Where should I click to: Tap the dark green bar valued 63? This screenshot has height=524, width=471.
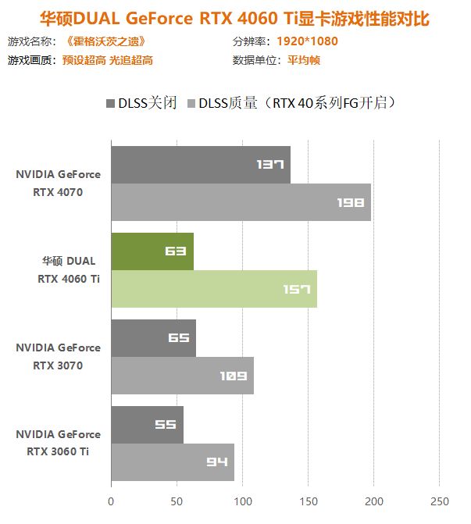(152, 251)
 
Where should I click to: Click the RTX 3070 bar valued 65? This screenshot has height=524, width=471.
(153, 338)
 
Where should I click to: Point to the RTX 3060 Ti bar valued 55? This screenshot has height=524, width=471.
(147, 425)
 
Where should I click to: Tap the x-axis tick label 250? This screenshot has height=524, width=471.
(440, 501)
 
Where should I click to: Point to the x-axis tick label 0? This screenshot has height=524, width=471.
(111, 501)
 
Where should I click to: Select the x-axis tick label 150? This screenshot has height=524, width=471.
(309, 501)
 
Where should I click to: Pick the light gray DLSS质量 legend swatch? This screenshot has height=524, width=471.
(190, 103)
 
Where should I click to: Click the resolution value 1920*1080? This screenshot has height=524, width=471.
(307, 41)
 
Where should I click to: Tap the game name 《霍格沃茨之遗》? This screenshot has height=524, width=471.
(105, 41)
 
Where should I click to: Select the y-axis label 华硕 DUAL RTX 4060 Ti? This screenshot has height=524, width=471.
(69, 269)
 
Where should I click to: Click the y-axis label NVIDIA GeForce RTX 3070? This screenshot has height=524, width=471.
(58, 356)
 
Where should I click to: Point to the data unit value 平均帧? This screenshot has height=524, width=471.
(304, 60)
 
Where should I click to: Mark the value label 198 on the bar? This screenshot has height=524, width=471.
(351, 202)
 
